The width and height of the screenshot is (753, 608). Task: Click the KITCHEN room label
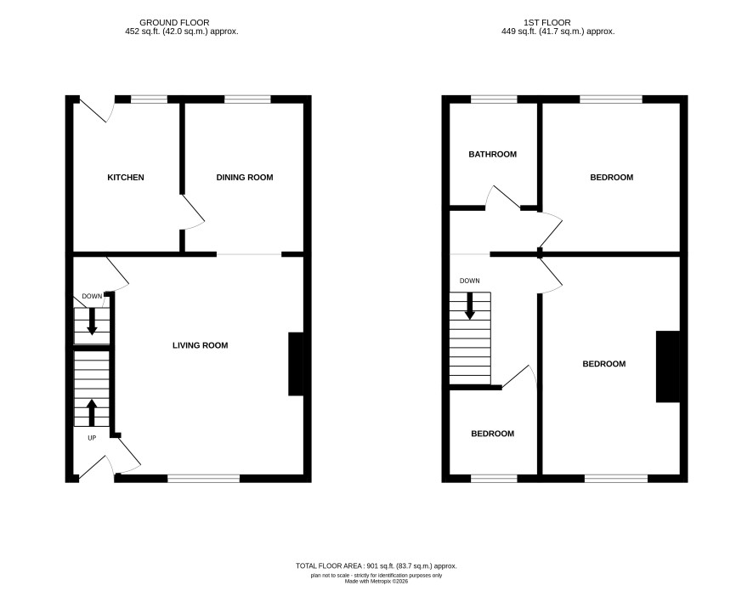(125, 178)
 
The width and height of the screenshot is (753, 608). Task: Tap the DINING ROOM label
(245, 178)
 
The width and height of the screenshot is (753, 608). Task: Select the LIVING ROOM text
(201, 345)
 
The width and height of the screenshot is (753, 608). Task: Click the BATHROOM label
(493, 154)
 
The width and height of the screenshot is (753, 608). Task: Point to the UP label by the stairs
(92, 438)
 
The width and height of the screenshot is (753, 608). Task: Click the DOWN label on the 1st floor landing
(470, 281)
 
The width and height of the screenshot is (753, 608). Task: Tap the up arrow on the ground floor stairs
(91, 413)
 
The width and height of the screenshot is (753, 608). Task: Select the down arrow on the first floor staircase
(470, 305)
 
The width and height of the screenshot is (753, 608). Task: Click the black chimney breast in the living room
(296, 364)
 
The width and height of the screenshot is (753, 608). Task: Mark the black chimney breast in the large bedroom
(668, 367)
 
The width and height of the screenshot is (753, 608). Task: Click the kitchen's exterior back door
(96, 109)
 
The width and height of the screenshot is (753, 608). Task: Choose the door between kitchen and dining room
(193, 212)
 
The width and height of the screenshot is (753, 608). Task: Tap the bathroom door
(503, 197)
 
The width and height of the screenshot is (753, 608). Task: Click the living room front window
(203, 478)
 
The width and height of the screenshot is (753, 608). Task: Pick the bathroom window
(494, 99)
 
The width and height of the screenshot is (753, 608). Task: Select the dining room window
(247, 99)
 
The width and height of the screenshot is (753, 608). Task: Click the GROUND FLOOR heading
(174, 23)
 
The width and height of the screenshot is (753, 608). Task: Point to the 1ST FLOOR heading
(547, 23)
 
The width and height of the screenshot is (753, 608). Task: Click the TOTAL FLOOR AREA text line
(376, 566)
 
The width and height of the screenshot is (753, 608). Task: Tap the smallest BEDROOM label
(493, 434)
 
